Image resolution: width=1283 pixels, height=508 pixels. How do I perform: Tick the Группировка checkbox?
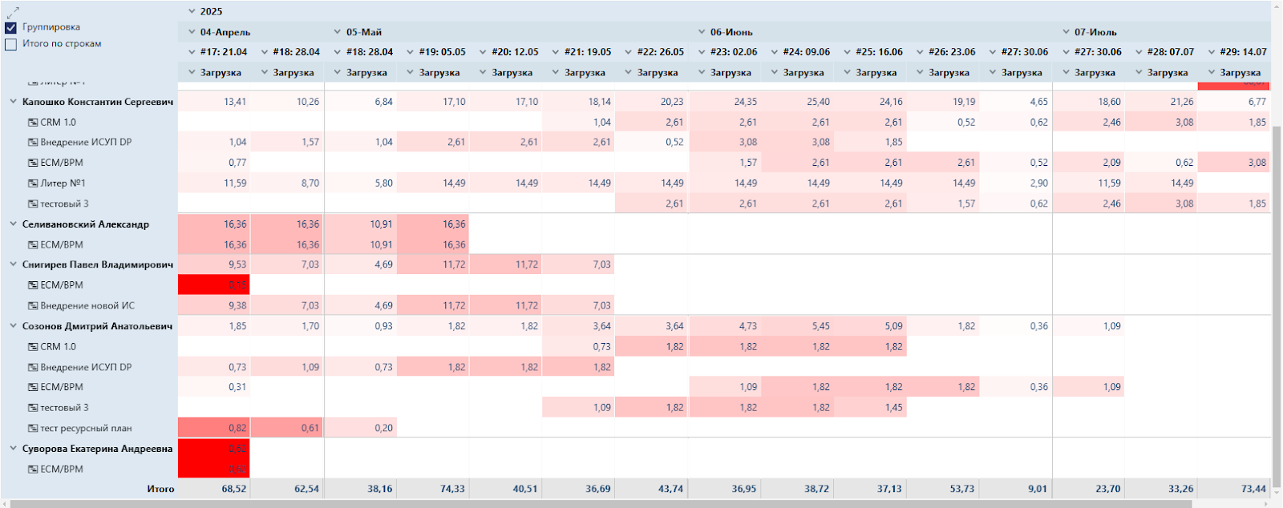(x=11, y=27)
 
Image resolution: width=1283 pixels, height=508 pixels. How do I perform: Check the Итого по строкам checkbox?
(x=11, y=44)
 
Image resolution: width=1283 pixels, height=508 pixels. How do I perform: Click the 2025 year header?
(x=211, y=11)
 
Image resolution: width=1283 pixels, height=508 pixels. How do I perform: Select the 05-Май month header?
(x=363, y=32)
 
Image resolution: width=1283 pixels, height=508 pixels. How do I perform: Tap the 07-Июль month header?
(x=1095, y=32)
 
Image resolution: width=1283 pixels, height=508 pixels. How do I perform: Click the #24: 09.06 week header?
(x=806, y=52)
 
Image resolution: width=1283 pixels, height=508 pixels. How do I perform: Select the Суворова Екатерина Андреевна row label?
(x=97, y=449)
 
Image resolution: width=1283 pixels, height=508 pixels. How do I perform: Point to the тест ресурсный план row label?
(x=86, y=429)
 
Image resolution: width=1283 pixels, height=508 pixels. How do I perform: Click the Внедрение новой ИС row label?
(x=87, y=306)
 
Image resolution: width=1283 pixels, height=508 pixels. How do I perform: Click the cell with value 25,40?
(x=818, y=102)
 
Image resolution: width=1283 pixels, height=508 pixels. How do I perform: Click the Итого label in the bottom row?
(x=160, y=489)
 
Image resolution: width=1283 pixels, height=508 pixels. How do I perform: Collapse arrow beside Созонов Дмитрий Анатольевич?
(x=13, y=326)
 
